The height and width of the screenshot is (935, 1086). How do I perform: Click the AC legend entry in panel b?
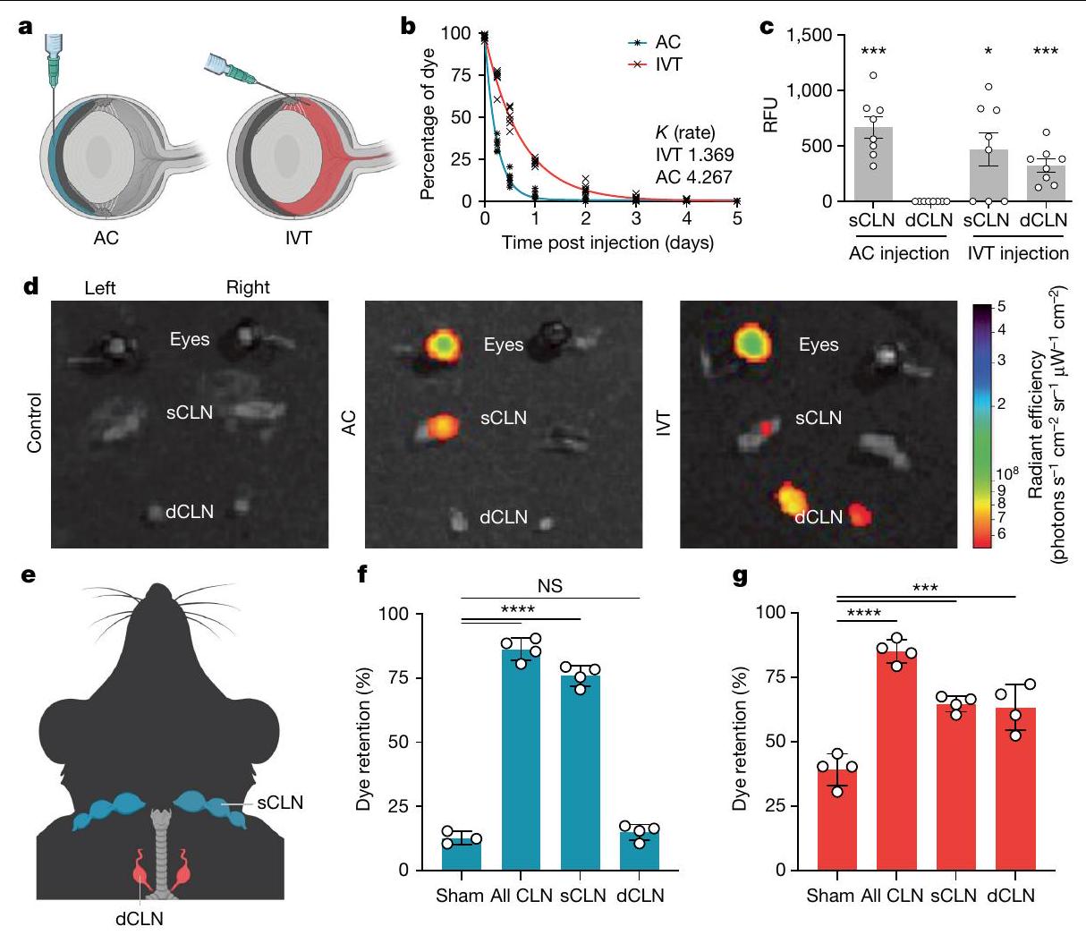pyautogui.click(x=667, y=42)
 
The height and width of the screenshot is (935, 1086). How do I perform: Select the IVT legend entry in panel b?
pyautogui.click(x=667, y=64)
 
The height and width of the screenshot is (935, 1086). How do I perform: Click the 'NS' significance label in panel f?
pyautogui.click(x=551, y=587)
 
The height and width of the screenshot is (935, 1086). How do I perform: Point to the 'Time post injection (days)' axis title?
pyautogui.click(x=607, y=242)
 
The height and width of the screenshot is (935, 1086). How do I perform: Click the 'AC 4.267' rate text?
pyautogui.click(x=694, y=177)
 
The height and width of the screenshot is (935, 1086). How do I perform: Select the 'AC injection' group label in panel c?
pyautogui.click(x=898, y=253)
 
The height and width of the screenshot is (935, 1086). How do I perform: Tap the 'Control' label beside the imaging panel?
pyautogui.click(x=35, y=422)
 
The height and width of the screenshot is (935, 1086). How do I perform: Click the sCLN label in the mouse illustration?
pyautogui.click(x=279, y=803)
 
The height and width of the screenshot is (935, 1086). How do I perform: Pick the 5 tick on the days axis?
pyautogui.click(x=737, y=218)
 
